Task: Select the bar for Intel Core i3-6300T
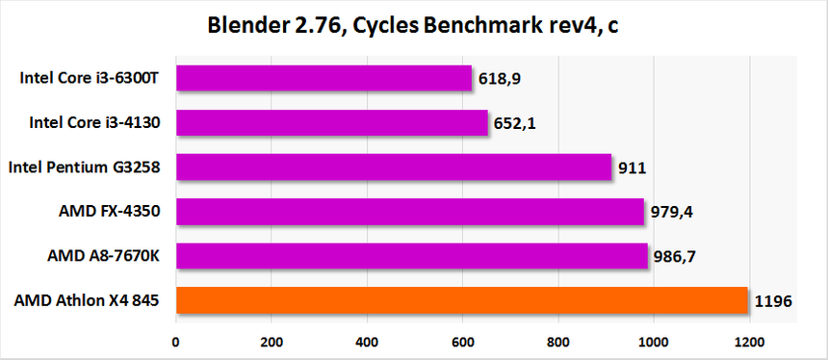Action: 323,78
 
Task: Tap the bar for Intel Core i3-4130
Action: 331,122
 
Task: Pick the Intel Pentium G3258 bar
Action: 393,167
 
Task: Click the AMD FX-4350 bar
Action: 409,212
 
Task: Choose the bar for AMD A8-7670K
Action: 411,256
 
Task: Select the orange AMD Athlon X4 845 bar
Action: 461,300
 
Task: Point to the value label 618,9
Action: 501,79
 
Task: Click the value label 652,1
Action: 517,123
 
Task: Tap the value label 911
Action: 632,168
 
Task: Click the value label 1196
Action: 773,301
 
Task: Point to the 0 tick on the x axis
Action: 175,341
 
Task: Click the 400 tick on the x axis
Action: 367,341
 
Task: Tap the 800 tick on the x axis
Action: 558,341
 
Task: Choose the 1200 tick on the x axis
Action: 748,341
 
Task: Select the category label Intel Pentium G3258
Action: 84,167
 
